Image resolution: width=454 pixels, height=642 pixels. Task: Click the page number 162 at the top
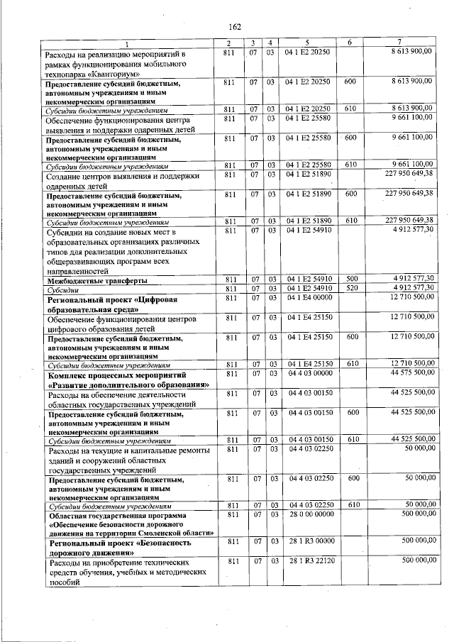tap(235, 26)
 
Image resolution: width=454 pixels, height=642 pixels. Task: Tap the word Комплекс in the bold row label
tap(66, 375)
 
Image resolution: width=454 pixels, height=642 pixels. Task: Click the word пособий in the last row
tap(60, 582)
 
